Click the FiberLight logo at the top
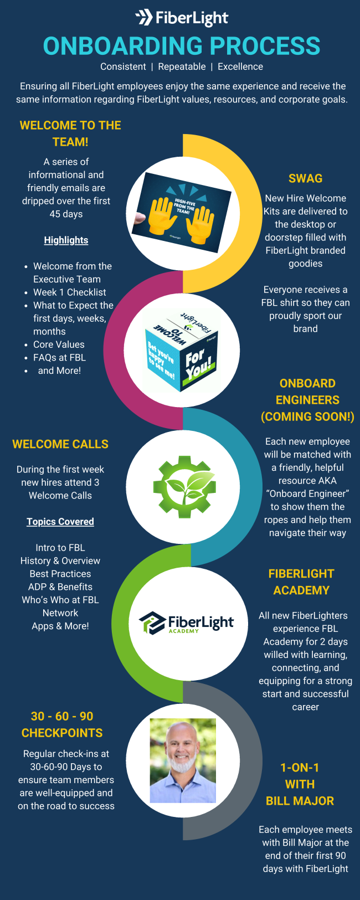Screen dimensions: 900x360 coord(182,18)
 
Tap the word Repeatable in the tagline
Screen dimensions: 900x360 coord(182,66)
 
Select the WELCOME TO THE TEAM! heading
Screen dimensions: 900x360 coord(70,133)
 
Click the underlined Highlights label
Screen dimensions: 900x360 coord(66,240)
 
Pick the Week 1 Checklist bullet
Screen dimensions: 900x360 coord(69,292)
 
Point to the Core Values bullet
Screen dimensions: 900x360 coord(59,344)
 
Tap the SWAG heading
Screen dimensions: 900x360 coord(305,178)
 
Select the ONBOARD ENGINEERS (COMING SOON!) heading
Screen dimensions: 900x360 coord(307,400)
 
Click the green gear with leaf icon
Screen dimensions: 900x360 coord(184,487)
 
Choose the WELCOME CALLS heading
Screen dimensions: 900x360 coord(60,444)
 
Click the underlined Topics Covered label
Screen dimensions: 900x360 coord(60,522)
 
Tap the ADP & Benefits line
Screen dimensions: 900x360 coord(60,587)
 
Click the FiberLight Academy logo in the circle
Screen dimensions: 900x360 coord(186,623)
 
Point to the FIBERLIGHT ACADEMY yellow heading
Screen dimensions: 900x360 coord(301,582)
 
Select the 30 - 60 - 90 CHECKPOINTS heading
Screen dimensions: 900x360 coord(62,724)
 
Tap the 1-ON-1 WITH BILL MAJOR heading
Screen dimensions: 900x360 coord(300,784)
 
